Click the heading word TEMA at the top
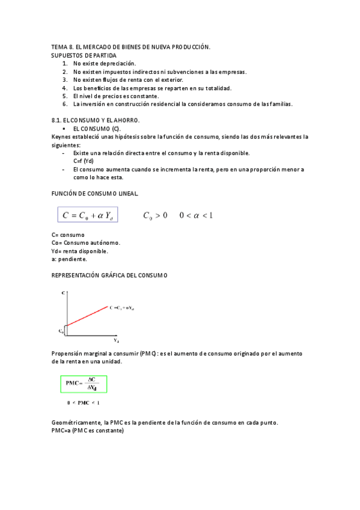click(59, 46)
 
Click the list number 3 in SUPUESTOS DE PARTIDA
click(65, 79)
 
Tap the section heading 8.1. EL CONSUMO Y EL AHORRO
click(96, 120)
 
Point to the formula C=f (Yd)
click(83, 161)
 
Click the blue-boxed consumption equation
click(88, 215)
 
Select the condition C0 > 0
click(155, 215)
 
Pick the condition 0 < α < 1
click(196, 215)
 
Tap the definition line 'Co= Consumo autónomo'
click(85, 243)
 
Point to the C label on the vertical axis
click(64, 293)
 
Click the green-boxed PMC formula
click(84, 384)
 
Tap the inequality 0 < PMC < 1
click(83, 402)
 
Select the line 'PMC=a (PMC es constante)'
click(88, 431)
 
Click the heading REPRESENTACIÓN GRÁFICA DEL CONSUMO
click(109, 275)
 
